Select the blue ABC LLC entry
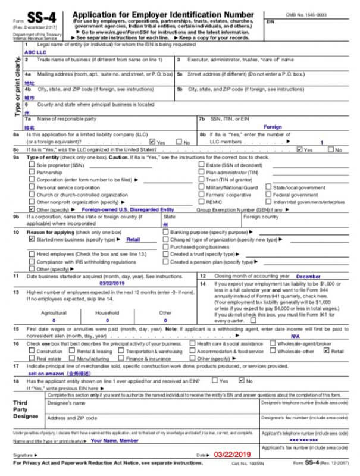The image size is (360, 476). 35,52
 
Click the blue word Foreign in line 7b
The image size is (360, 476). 273,127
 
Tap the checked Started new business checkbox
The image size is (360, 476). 32,239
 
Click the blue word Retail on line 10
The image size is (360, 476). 133,239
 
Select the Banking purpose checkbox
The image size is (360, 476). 165,231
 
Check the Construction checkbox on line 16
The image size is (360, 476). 32,352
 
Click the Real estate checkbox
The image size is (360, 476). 32,359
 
